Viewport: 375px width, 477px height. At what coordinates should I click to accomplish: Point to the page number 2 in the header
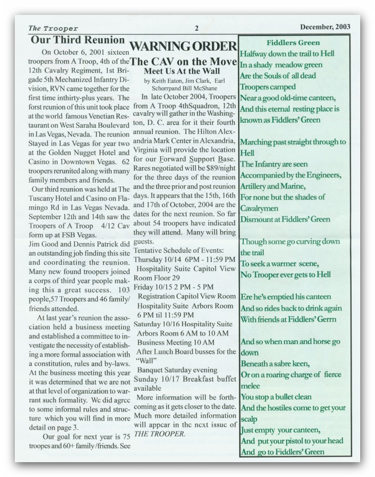pos(195,28)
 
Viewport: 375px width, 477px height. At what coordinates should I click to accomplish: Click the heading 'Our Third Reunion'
pos(78,41)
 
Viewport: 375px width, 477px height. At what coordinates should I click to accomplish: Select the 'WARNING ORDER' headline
pos(184,46)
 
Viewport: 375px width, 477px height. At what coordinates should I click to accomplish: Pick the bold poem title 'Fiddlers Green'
pos(293,42)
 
